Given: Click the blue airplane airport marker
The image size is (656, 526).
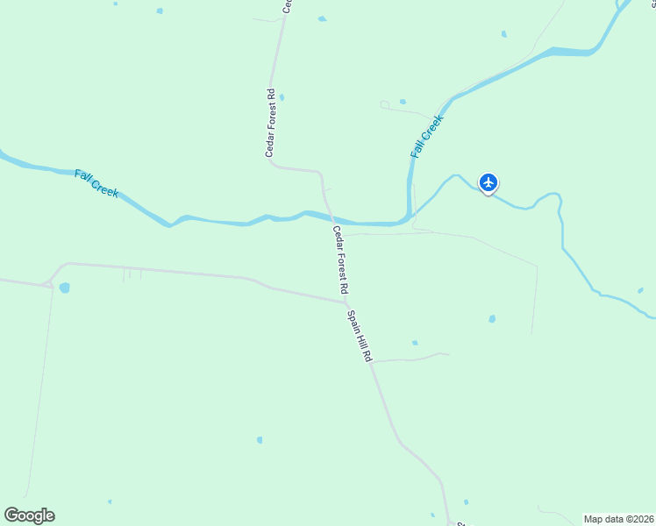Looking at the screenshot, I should (488, 182).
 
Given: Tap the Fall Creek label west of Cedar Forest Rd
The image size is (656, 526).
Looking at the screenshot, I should (96, 183).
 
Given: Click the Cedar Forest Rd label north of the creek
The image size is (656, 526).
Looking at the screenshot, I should (271, 123).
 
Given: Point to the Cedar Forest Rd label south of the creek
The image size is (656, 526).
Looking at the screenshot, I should (340, 259).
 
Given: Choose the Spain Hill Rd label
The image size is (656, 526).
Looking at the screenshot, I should (360, 337).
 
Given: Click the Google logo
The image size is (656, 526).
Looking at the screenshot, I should (29, 515).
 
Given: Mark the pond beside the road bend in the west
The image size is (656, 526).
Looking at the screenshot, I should (64, 288).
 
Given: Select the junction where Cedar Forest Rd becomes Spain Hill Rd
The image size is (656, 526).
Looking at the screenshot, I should (346, 302).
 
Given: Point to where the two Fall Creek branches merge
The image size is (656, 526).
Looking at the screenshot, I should (409, 216).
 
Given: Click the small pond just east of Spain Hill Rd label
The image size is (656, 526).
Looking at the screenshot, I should (415, 343).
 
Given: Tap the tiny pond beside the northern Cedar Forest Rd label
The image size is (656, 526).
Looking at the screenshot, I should (282, 97).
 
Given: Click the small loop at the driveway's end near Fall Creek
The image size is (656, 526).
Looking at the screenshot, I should (384, 105).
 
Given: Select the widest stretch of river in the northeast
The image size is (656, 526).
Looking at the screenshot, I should (561, 52).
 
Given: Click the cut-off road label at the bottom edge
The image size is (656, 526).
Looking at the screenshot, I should (458, 523).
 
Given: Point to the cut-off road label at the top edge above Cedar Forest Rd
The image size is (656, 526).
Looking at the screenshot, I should (287, 5).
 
